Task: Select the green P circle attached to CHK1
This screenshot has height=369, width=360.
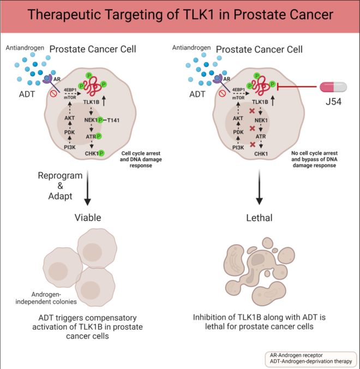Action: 101,152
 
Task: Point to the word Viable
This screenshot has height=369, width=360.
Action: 88,218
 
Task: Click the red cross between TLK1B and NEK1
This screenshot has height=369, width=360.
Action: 251,112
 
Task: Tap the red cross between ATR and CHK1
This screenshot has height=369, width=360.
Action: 251,145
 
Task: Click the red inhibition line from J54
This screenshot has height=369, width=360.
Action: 297,86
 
